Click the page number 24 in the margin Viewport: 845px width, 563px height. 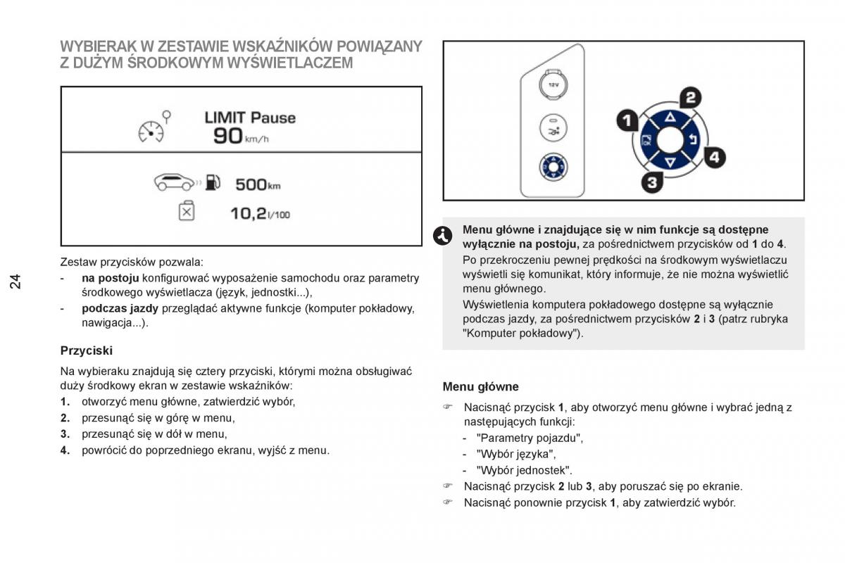point(15,281)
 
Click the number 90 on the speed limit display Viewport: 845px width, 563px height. point(228,136)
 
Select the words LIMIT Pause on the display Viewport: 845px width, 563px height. point(250,118)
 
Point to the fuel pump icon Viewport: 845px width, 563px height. point(213,182)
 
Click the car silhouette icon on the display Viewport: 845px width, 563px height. point(175,182)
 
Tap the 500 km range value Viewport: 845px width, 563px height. point(258,184)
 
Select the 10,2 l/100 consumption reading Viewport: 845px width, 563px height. point(260,214)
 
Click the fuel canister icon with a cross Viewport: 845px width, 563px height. point(187,211)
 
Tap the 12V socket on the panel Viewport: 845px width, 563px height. point(553,85)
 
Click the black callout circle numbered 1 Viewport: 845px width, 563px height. point(627,120)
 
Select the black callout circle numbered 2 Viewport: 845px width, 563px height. point(691,98)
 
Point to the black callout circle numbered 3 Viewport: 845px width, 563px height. point(652,182)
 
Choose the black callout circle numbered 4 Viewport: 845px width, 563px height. point(715,157)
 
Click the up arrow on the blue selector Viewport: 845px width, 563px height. point(670,118)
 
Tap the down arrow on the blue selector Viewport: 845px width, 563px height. point(670,163)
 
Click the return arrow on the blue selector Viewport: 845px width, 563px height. point(693,140)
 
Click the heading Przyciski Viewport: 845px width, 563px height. point(87,350)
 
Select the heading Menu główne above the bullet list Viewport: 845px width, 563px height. point(480,386)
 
